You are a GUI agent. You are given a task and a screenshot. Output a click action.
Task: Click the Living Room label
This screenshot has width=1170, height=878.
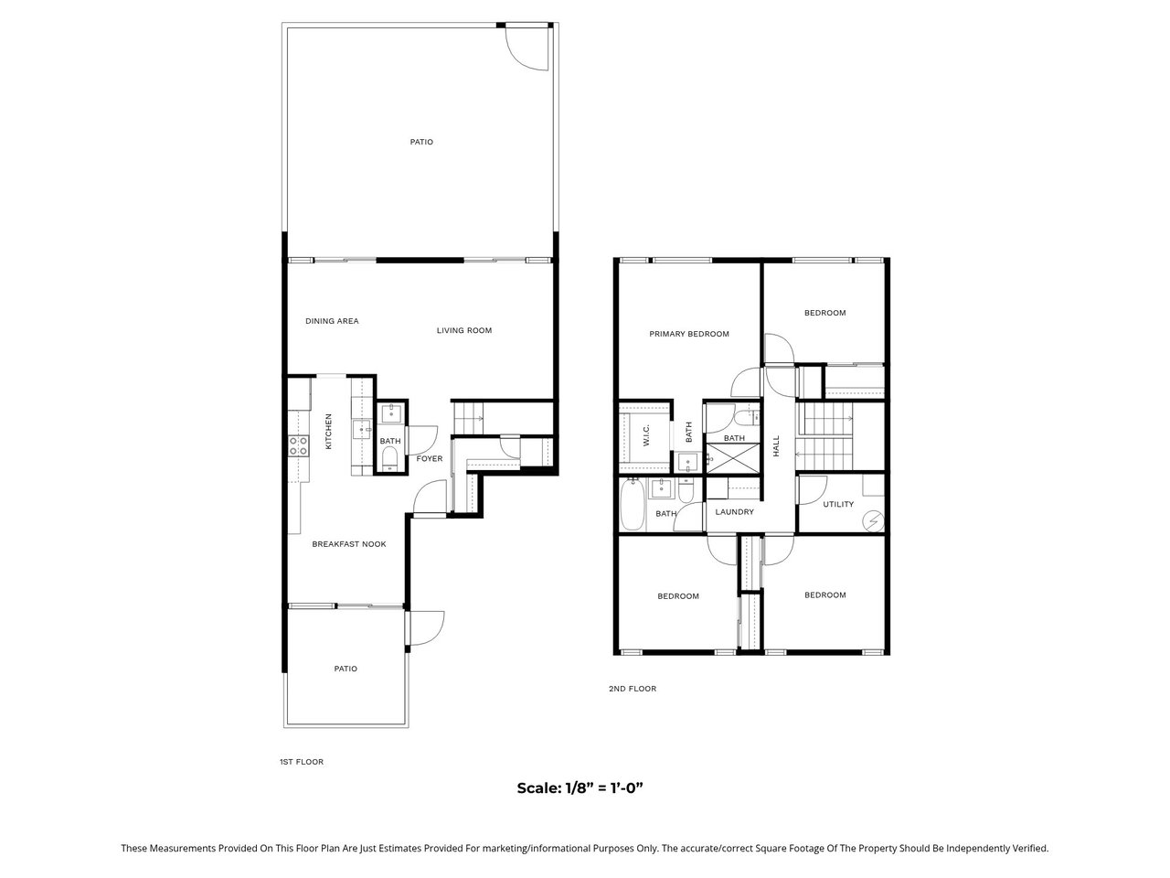[463, 330]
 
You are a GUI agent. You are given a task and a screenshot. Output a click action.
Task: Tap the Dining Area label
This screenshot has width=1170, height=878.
[332, 321]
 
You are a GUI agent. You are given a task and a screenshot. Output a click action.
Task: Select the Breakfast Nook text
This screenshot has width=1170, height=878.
[348, 544]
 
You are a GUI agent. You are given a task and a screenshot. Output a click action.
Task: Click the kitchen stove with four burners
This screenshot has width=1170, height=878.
[299, 445]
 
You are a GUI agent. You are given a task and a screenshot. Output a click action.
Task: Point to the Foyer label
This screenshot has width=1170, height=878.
[429, 458]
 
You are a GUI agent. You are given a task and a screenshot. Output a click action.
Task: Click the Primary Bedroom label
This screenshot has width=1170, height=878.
[688, 334]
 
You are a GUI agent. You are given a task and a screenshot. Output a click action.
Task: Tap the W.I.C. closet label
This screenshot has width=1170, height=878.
[646, 435]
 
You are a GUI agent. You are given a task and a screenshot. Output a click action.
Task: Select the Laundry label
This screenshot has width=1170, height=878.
[734, 512]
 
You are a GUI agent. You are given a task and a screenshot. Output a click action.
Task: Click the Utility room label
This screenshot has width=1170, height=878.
[838, 504]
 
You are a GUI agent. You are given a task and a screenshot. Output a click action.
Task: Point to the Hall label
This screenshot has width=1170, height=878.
[775, 445]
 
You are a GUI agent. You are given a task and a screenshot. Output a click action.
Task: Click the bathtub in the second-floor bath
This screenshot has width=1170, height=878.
[633, 504]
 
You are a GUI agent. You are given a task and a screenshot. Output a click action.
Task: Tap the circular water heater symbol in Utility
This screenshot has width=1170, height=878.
[874, 520]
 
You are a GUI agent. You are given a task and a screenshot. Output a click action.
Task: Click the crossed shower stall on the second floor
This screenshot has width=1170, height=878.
[732, 458]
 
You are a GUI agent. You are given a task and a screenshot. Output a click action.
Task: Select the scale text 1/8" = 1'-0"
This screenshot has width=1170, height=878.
[580, 787]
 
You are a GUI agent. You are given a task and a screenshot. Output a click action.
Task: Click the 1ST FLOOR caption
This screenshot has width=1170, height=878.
[301, 762]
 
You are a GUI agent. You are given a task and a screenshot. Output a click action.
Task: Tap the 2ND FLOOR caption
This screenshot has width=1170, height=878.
[633, 688]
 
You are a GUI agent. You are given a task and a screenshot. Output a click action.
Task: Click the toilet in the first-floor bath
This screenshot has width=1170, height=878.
[390, 458]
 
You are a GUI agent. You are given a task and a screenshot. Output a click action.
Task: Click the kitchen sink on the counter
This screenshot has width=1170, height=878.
[361, 429]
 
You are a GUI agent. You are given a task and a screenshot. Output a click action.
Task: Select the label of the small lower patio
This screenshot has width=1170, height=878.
[346, 669]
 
